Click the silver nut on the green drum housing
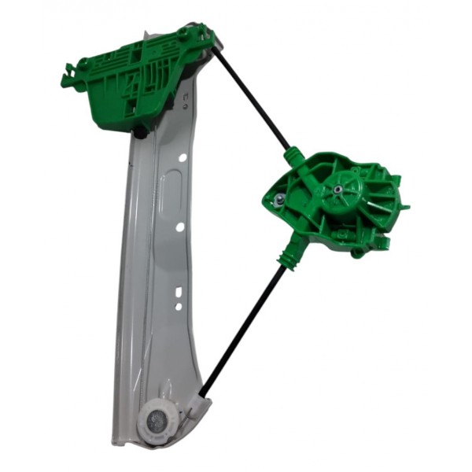click(x=280, y=202)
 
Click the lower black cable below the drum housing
click(x=244, y=330)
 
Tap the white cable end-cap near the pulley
click(x=194, y=408)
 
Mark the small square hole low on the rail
click(x=179, y=305)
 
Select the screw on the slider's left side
click(x=81, y=64)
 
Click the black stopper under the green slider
click(x=140, y=133)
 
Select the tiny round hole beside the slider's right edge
click(x=186, y=98)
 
